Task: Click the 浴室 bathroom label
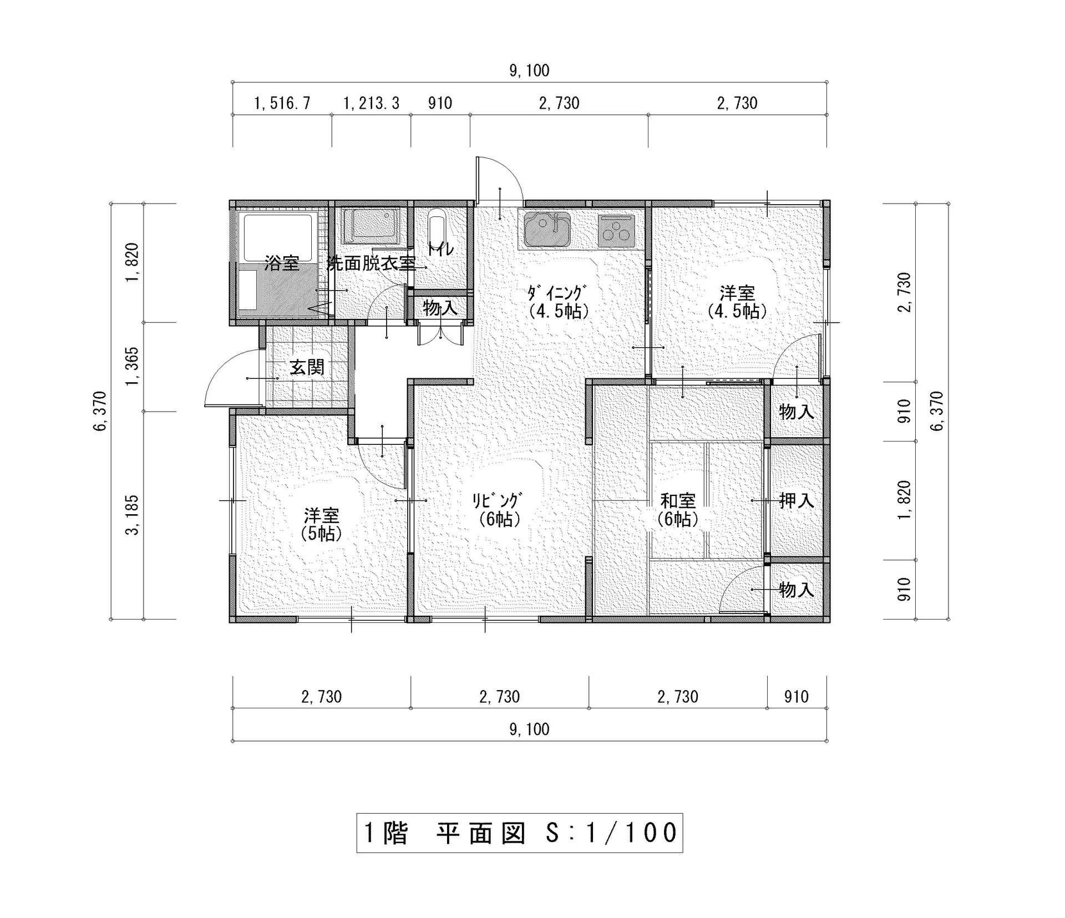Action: pos(282,263)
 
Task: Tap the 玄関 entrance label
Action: pos(307,367)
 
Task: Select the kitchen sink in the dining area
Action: pos(547,229)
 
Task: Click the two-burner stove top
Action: pos(616,230)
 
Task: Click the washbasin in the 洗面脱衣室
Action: pos(371,226)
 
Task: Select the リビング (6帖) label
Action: pos(498,509)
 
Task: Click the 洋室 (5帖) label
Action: pos(322,524)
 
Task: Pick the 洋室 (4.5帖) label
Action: pos(737,302)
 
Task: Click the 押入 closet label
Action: pos(797,501)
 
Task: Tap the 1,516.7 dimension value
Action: pos(282,103)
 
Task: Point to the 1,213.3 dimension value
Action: pos(371,103)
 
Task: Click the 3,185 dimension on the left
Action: pos(133,515)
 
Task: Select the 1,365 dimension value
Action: pos(133,367)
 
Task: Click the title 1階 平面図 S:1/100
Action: pos(520,833)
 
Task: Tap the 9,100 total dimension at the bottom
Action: pos(529,729)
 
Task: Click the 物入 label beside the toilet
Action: pos(440,307)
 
